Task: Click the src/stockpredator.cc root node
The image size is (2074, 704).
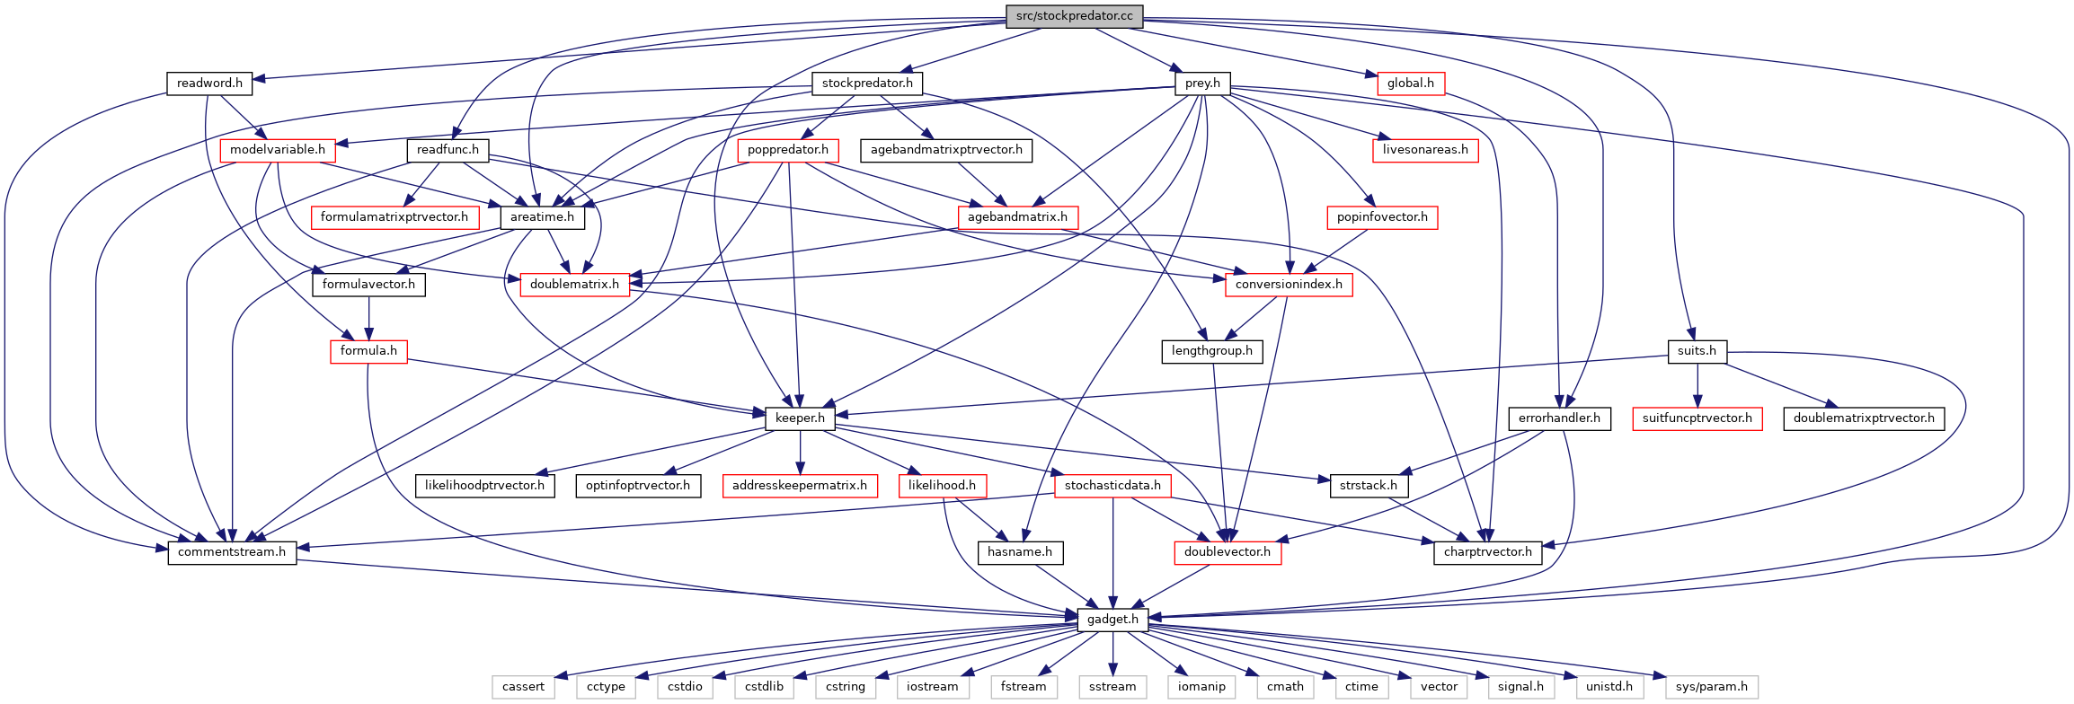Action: coord(1074,16)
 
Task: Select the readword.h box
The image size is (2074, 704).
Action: coord(209,84)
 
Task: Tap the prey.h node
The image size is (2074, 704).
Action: coord(1202,84)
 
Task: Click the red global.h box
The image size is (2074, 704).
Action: coord(1410,84)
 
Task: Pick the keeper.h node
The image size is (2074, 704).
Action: coord(800,418)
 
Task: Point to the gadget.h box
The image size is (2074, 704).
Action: coord(1112,619)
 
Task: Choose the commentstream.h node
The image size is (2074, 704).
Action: coord(232,552)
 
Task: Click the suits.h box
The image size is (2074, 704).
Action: coord(1697,351)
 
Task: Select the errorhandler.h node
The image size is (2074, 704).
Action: coord(1559,418)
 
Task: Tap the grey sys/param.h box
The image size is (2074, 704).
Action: coord(1711,687)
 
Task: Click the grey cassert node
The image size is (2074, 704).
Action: coord(523,687)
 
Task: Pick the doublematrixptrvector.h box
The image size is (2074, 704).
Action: coord(1864,418)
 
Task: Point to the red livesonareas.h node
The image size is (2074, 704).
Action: coord(1425,150)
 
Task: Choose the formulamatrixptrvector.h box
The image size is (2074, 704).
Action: coord(394,217)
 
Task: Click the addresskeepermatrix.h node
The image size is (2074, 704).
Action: coord(800,486)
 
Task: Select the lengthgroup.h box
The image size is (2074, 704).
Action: coord(1211,351)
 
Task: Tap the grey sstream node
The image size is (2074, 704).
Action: coord(1112,687)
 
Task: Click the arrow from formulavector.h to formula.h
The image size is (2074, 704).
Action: coord(368,318)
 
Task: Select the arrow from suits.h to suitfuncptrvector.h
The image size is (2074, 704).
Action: coord(1697,384)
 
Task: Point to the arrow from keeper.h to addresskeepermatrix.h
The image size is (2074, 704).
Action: coord(800,452)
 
